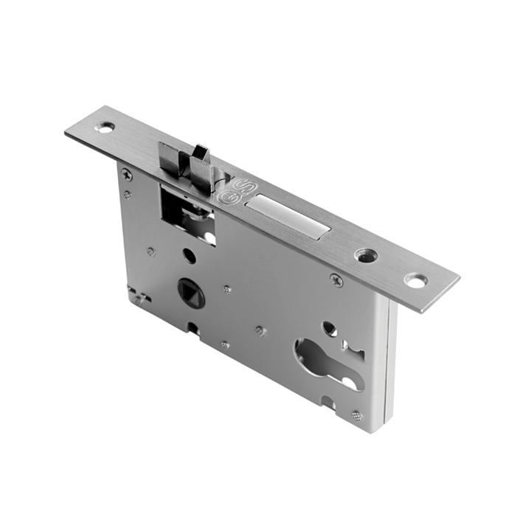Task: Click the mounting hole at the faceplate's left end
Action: tap(107, 127)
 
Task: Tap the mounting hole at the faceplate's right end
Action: tap(415, 281)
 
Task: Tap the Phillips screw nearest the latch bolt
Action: tap(127, 175)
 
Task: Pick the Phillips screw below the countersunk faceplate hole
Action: tap(336, 280)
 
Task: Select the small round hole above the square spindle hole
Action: tap(190, 256)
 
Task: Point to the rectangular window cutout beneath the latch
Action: tap(187, 214)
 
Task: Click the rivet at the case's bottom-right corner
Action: tap(356, 416)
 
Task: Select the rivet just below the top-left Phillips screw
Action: tap(128, 195)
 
